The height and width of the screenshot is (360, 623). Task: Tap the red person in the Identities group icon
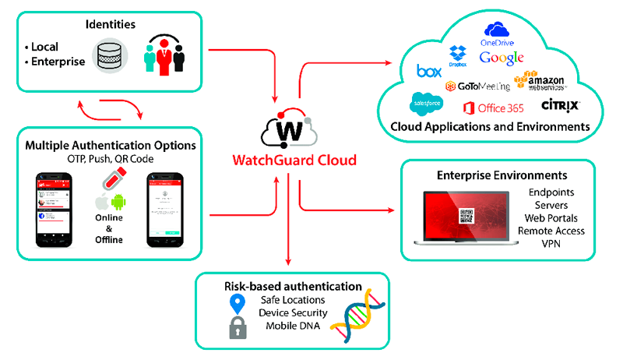click(x=164, y=55)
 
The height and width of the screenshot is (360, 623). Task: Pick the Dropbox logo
click(x=458, y=55)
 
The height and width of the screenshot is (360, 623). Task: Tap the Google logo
click(x=502, y=58)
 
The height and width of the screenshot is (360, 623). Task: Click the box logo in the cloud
click(x=429, y=72)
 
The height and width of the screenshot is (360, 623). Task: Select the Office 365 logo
click(x=491, y=107)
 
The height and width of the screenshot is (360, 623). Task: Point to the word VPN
click(x=551, y=243)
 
